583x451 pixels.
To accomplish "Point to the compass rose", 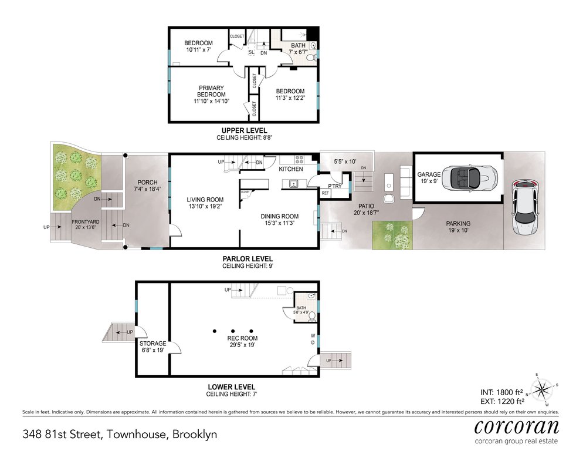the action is (541, 389).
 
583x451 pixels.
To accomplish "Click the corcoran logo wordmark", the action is (517, 426).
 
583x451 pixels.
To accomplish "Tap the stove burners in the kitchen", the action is (300, 160).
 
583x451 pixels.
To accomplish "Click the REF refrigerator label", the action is (326, 193).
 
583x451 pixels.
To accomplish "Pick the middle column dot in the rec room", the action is (233, 331).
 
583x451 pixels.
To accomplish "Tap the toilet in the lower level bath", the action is (312, 317).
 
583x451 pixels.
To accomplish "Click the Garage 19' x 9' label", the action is (429, 178).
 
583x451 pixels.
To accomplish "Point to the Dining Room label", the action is (280, 220).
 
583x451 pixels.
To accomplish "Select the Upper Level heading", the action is (244, 131).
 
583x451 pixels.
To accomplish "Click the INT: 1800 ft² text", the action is (501, 392).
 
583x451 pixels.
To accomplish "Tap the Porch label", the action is (148, 186).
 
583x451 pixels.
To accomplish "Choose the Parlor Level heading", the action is (248, 259).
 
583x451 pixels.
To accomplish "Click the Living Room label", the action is (205, 203).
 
